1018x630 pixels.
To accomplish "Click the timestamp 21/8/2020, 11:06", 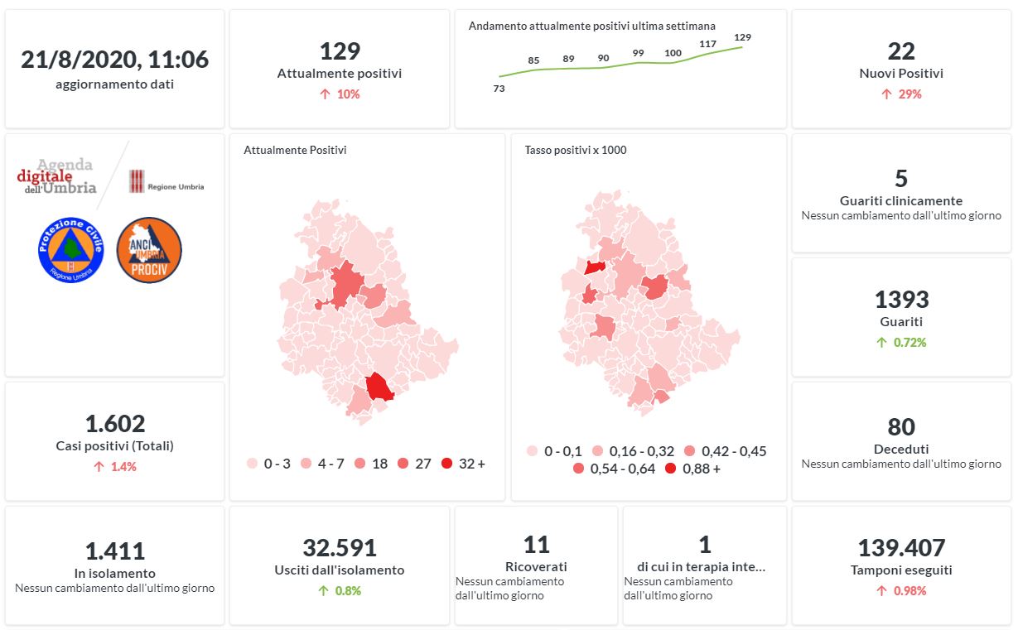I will pos(114,60).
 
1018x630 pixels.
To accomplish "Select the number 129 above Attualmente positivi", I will pos(340,51).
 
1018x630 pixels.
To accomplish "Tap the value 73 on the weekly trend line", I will pos(499,89).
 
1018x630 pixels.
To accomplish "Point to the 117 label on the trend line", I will pos(707,44).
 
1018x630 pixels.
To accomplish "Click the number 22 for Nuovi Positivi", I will pos(901,51).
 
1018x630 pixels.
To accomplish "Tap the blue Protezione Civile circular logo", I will pos(70,249).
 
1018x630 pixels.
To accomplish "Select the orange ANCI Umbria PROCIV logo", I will pos(149,249).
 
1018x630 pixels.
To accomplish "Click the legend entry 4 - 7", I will pos(322,464).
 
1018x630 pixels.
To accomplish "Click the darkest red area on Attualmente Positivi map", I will pos(379,387).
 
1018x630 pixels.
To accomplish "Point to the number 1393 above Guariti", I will pos(901,300).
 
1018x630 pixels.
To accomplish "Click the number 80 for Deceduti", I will pos(901,427).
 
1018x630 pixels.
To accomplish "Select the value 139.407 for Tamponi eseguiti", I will pos(901,548).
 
